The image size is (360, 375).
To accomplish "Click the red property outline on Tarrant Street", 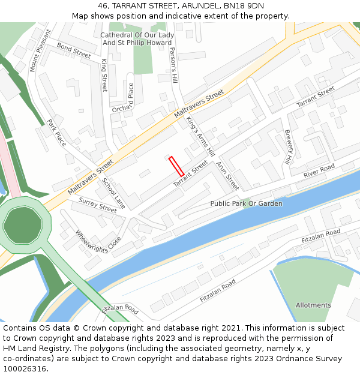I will [176, 166].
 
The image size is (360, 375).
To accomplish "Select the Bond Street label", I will [74, 50].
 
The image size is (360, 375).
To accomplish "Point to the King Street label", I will [104, 76].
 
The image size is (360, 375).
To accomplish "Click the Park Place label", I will [56, 133].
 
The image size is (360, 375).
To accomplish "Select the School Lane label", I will [114, 193].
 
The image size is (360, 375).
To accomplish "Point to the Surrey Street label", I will [98, 206].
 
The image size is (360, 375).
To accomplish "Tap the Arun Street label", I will [227, 176].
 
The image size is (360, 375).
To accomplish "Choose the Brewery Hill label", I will [288, 148].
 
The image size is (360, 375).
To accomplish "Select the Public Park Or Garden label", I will [246, 203].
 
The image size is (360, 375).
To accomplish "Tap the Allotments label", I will [313, 305].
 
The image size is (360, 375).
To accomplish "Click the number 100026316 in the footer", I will [25, 369].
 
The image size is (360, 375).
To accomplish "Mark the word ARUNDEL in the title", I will [195, 6].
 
